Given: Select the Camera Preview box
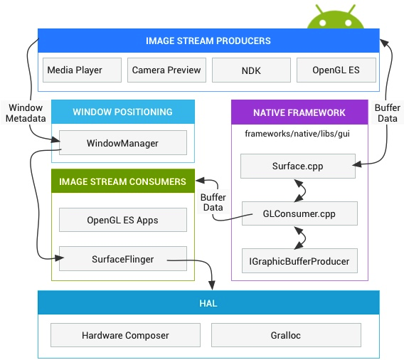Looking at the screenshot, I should pos(167,70).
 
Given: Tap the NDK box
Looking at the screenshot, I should pos(251,70).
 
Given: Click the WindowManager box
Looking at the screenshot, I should pos(122,143).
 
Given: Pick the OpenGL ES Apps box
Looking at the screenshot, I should pos(122,220).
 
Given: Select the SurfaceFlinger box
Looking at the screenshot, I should pos(122,260).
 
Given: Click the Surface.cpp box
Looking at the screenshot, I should pos(298,167).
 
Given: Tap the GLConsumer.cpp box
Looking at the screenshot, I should pos(298,213).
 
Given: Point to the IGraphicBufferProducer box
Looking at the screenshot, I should pos(298,260).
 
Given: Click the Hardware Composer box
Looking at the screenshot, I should pos(125,335).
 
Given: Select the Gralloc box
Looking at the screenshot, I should pos(286,335).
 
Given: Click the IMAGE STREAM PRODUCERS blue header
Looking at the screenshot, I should pos(208,41).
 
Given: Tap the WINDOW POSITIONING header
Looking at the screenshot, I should pos(122,112).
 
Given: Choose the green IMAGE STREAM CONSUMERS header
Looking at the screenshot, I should pos(122,181).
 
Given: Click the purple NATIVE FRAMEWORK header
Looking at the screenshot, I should pos(299,112).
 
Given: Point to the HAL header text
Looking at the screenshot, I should pos(208,303).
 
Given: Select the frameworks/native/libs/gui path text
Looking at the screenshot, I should pos(297,133).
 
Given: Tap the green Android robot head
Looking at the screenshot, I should pos(336,18).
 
